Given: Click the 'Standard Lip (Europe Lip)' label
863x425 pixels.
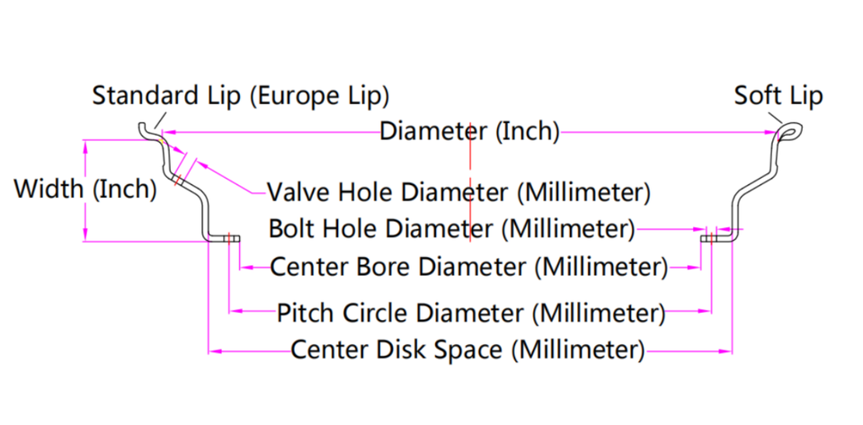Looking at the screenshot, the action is pyautogui.click(x=241, y=95).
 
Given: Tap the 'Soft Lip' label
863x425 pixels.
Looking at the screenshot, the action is pyautogui.click(x=778, y=95).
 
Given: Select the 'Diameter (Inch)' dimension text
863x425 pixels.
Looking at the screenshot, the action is pyautogui.click(x=469, y=132).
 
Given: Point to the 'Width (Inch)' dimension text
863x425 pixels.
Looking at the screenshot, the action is pyautogui.click(x=85, y=190).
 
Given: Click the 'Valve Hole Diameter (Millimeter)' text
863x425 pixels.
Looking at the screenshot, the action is pyautogui.click(x=458, y=191).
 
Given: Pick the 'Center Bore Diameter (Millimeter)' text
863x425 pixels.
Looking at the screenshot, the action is pyautogui.click(x=469, y=267).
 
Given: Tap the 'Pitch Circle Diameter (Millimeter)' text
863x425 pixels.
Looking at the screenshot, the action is pyautogui.click(x=469, y=313).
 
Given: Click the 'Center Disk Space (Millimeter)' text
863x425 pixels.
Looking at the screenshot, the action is pyautogui.click(x=468, y=350).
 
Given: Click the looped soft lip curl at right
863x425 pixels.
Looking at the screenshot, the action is pyautogui.click(x=787, y=133).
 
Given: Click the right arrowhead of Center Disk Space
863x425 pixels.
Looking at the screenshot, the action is pyautogui.click(x=726, y=350).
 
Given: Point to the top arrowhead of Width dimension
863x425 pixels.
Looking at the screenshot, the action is pyautogui.click(x=85, y=144).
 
